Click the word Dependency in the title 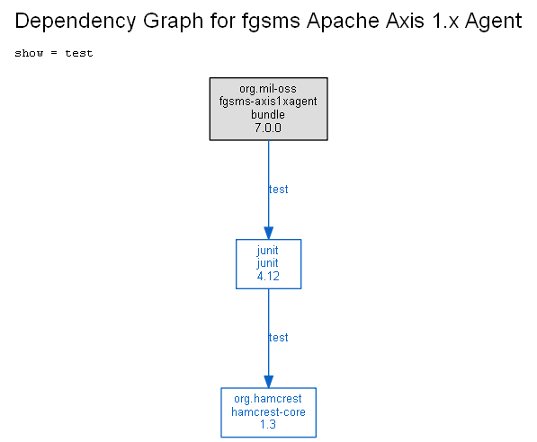click(76, 22)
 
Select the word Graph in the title click(173, 22)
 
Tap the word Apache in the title click(343, 22)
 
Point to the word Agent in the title click(493, 22)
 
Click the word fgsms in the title click(271, 22)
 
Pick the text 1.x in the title click(445, 21)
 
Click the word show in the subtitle click(29, 53)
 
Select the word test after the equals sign click(79, 53)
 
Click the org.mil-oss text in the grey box click(268, 89)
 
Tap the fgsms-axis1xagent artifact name click(268, 102)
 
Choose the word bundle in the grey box click(268, 114)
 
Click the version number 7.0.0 click(268, 128)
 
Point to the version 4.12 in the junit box click(268, 276)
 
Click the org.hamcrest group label click(268, 399)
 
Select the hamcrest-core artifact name click(268, 411)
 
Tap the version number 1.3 click(268, 425)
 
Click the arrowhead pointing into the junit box click(268, 233)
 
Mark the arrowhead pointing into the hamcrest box click(268, 382)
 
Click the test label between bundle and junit click(279, 190)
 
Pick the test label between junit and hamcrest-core click(279, 338)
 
